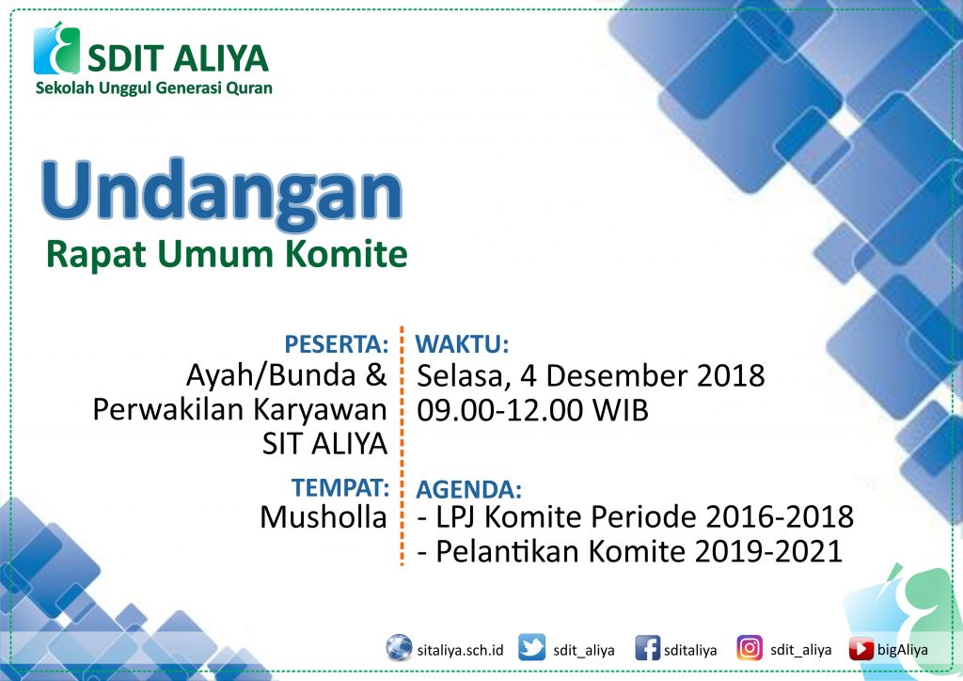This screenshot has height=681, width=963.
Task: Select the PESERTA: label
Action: pyautogui.click(x=336, y=344)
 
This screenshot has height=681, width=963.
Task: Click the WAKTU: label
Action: pyautogui.click(x=463, y=344)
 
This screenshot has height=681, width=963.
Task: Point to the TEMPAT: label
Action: pyautogui.click(x=340, y=487)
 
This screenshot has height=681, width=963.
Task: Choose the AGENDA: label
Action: pyautogui.click(x=468, y=489)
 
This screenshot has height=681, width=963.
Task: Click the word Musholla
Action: pyautogui.click(x=324, y=517)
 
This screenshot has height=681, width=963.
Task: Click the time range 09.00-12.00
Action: pyautogui.click(x=500, y=410)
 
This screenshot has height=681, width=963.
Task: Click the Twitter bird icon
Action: pyautogui.click(x=531, y=648)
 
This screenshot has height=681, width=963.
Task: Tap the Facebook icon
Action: pyautogui.click(x=647, y=648)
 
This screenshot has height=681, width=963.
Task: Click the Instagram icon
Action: pyautogui.click(x=750, y=648)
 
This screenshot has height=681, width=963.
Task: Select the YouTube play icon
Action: pyautogui.click(x=861, y=649)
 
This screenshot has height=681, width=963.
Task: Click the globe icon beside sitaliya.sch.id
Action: pyautogui.click(x=399, y=648)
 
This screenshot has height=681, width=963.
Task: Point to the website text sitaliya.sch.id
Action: pyautogui.click(x=460, y=650)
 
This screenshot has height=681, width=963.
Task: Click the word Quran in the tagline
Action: pyautogui.click(x=249, y=87)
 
